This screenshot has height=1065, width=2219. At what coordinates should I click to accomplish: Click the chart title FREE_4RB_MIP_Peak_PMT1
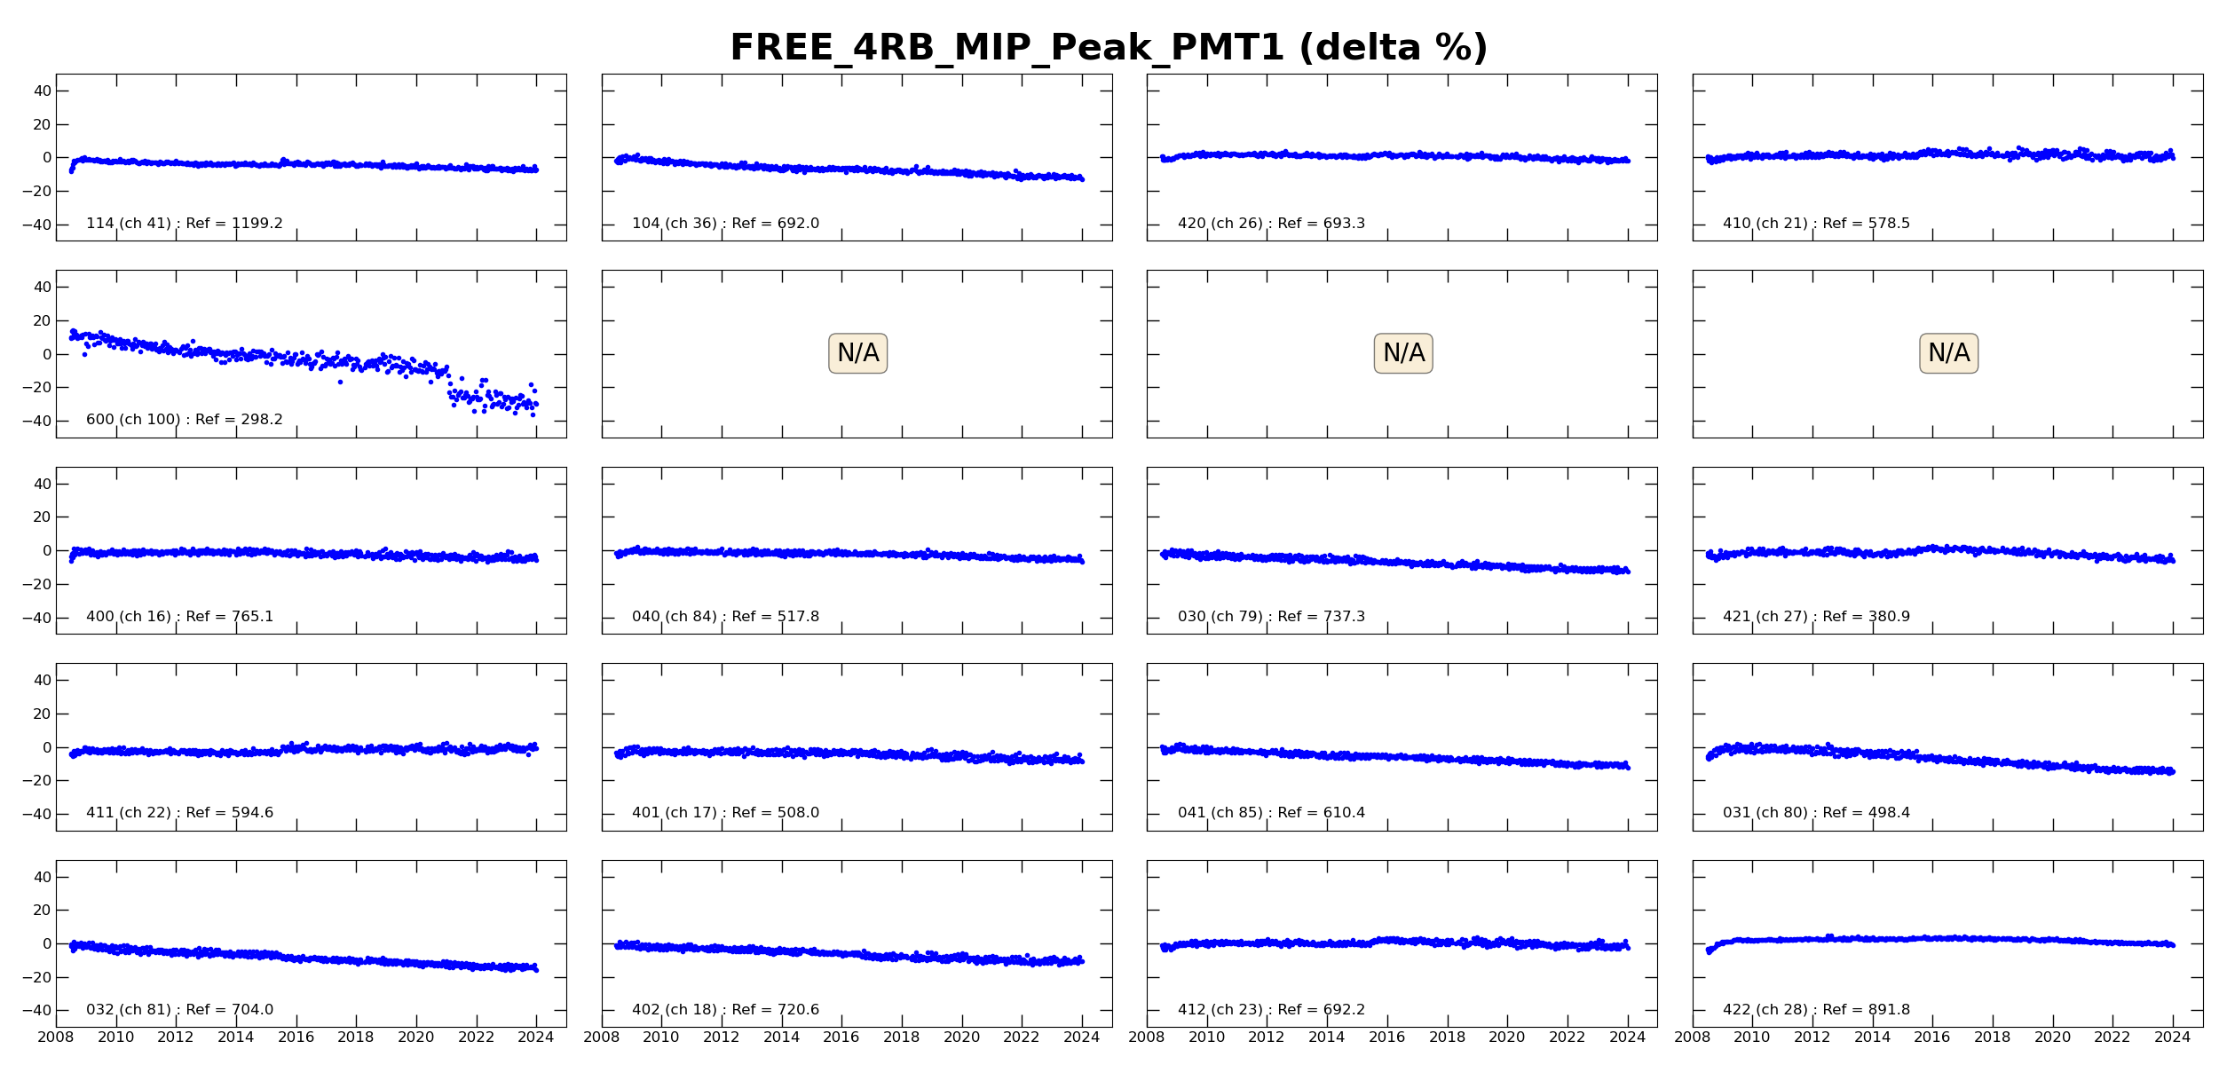coord(1108,48)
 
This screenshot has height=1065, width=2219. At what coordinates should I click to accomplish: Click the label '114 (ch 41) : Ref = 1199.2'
coord(184,224)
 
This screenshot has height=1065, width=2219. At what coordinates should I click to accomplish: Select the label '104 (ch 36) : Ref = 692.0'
coord(725,224)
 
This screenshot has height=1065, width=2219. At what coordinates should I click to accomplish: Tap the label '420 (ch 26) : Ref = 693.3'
coord(1271,224)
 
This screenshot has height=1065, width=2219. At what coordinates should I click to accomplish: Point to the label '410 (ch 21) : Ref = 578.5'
coord(1816,224)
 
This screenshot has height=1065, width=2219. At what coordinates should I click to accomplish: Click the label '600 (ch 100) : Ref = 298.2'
coord(184,420)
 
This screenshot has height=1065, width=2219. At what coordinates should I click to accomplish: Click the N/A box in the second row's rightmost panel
coord(1948,353)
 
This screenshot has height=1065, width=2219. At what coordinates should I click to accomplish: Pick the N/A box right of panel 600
coord(857,353)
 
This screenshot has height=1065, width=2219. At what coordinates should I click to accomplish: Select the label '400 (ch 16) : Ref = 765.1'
coord(179,617)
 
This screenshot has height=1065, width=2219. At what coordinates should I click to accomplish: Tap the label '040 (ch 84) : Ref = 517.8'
coord(725,617)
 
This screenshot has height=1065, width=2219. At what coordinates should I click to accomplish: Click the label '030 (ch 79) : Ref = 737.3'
coord(1271,617)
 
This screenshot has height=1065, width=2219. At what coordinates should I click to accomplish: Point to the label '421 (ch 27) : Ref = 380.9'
coord(1816,617)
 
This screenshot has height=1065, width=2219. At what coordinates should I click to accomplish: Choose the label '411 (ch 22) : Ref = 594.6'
coord(179,813)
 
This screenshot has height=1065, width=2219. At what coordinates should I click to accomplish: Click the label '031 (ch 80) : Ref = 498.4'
coord(1816,813)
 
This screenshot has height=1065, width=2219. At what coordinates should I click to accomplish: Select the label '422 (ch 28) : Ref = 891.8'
coord(1816,1010)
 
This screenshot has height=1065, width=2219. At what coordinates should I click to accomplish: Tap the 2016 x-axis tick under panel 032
coord(296,1037)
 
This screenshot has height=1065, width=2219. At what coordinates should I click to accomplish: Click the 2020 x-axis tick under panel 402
coord(961,1037)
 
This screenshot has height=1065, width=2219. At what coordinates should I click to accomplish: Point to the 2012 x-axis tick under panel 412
coord(1267,1037)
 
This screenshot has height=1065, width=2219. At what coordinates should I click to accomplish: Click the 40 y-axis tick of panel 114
coord(42,91)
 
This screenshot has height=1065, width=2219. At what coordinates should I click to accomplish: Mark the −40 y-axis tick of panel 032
coord(37,1011)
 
